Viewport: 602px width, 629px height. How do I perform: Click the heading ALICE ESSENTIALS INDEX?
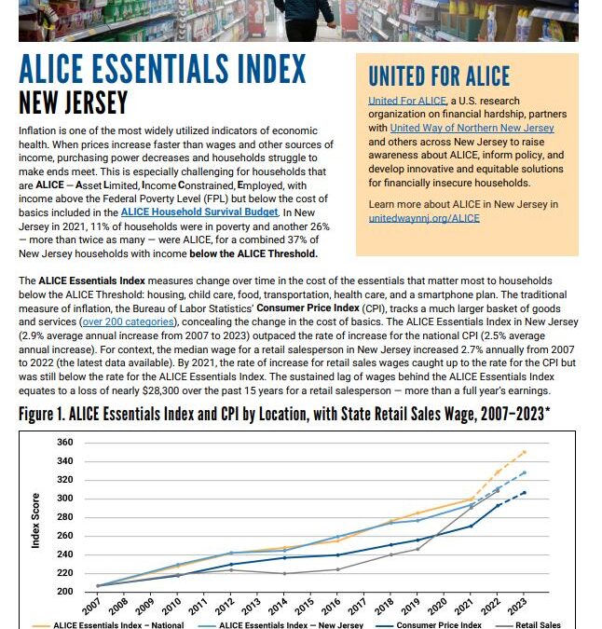(162, 70)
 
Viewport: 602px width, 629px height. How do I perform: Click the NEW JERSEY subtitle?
(74, 103)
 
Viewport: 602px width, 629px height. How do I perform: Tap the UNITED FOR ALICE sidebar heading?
(439, 76)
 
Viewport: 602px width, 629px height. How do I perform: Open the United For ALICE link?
(405, 101)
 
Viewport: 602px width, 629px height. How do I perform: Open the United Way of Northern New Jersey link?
(472, 128)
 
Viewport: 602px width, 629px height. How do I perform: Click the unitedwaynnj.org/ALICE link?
(424, 218)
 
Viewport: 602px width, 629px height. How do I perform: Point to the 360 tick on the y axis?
(64, 442)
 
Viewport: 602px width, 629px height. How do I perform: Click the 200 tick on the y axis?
(64, 592)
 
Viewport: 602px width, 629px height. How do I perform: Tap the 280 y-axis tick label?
(64, 517)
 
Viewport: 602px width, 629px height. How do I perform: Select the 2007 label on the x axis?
(90, 607)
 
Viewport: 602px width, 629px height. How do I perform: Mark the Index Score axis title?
(36, 520)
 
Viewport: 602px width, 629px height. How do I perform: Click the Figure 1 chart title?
(284, 415)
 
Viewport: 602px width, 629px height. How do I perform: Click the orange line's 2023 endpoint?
(525, 452)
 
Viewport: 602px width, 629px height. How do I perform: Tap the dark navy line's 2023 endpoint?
(525, 492)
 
